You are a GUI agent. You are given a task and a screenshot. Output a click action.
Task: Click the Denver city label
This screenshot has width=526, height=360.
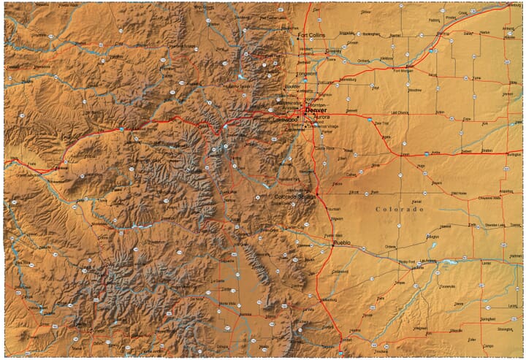coord(317,110)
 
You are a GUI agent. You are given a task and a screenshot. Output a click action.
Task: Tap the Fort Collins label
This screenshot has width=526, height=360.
coord(310,34)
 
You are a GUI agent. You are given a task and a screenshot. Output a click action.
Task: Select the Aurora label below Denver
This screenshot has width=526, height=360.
coord(321,117)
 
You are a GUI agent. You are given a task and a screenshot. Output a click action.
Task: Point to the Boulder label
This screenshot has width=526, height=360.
coord(291,87)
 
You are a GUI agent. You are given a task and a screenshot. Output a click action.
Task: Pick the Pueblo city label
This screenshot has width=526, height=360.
coord(342,242)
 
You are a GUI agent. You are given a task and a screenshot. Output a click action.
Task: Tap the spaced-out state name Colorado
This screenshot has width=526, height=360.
coord(400,210)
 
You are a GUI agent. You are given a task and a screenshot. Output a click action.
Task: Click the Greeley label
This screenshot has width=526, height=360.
coord(334,52)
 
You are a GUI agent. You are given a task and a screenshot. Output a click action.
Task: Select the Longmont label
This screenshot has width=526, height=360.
coord(307,74)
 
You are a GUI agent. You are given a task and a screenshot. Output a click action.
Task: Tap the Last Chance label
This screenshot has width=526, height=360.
coord(400,113)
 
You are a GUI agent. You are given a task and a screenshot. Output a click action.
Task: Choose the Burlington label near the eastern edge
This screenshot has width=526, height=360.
coord(514,155)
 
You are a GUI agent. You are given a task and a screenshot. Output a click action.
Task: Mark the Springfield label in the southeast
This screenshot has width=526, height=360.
coord(488,319)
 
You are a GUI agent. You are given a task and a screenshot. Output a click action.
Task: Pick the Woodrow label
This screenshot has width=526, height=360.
coord(414,90)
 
